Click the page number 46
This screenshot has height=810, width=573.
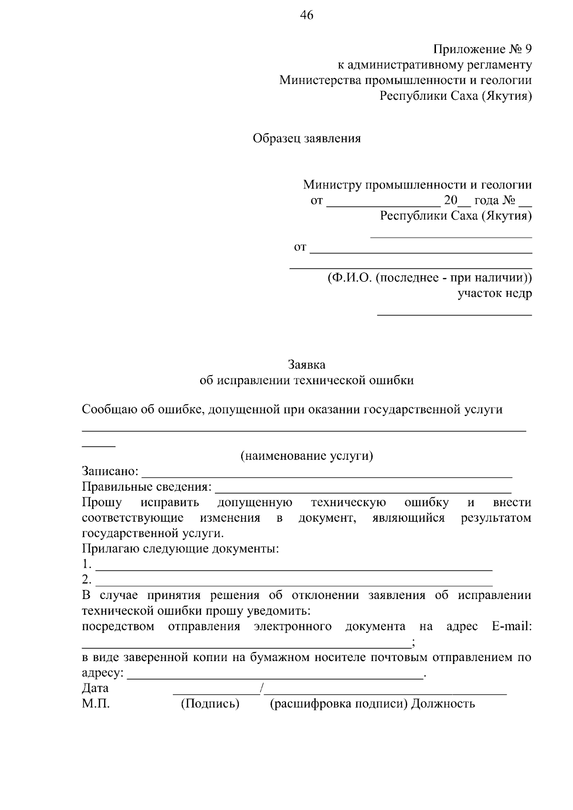coord(307,16)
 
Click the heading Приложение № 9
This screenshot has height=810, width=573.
coord(482,49)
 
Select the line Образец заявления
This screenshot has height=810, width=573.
coord(307,138)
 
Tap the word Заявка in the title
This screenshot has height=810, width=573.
coord(307,365)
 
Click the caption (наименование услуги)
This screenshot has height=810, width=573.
coord(307,456)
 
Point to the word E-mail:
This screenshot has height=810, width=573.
coord(511,626)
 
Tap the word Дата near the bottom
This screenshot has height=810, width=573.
coord(95,688)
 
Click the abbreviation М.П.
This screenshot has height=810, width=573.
coord(95,704)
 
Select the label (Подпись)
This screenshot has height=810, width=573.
coord(210,704)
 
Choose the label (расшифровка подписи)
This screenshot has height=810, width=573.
coord(339,704)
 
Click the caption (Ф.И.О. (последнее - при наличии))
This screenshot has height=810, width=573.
coord(429,278)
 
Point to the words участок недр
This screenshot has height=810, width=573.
coord(494,293)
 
